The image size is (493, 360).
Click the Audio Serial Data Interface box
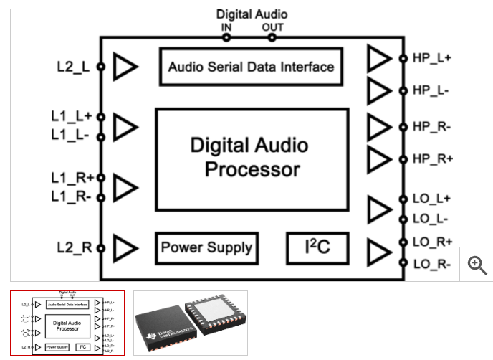251,67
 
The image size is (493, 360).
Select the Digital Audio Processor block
252,158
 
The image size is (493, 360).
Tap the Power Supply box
206,248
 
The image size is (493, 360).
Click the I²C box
317,247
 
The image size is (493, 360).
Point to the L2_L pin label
74,67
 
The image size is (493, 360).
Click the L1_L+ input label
71,116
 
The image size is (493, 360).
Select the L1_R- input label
71,196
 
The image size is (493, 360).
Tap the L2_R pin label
75,248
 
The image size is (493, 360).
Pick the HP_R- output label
432,127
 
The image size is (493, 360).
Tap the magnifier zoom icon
477,265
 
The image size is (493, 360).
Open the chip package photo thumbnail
191,323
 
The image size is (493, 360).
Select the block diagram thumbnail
68,323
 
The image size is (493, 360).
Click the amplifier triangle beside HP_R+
379,159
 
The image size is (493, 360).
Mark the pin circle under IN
227,37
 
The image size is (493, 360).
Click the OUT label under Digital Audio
272,27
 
